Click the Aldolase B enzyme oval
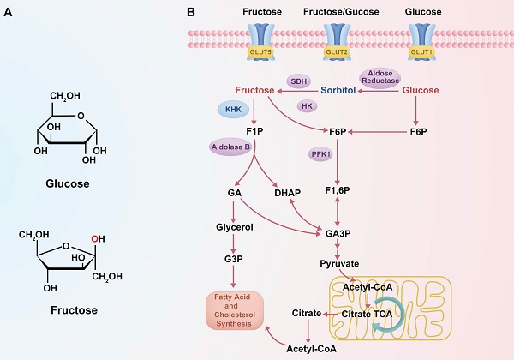[230, 147]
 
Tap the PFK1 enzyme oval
[320, 154]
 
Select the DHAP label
[285, 194]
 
